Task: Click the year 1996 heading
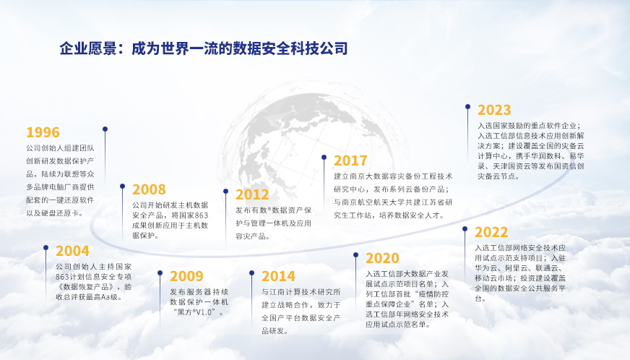click(43, 132)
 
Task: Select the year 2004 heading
click(72, 251)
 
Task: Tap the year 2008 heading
click(149, 189)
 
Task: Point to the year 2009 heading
click(186, 276)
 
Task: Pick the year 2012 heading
click(252, 194)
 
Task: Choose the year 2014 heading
click(278, 276)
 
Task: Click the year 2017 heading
click(350, 160)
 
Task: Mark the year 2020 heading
click(382, 258)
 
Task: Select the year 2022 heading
click(491, 232)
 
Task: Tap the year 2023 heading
click(495, 110)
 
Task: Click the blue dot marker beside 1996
click(105, 129)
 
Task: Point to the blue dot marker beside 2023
click(467, 107)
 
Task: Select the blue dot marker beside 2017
click(324, 158)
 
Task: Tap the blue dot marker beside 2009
click(160, 273)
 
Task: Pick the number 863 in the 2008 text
click(201, 215)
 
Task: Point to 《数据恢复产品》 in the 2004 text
click(86, 287)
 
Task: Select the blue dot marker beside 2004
click(46, 248)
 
